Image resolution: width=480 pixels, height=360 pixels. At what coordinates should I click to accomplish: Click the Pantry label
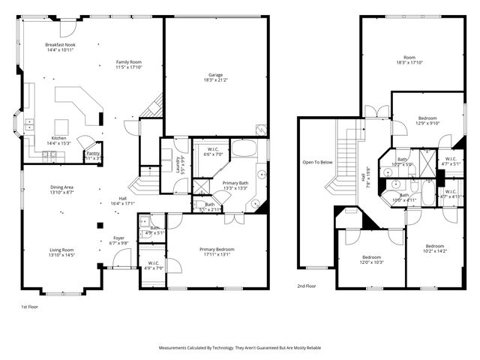pos(93,155)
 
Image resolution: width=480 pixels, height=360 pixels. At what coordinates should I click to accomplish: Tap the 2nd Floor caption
pos(306,286)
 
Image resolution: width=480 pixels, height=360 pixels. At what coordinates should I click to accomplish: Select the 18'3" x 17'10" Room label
pos(409,60)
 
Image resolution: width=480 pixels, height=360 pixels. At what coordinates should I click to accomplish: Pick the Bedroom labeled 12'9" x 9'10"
pos(427,121)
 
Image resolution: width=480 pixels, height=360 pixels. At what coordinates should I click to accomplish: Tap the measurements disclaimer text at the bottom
pos(239,348)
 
